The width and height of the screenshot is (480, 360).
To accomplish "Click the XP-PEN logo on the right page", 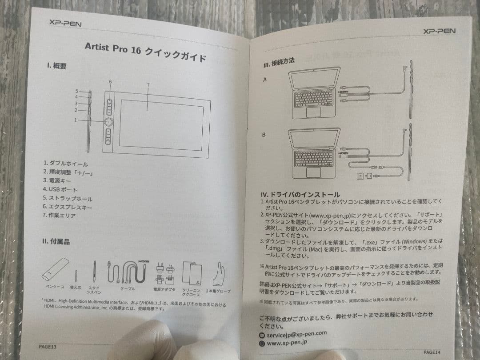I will coord(439,31).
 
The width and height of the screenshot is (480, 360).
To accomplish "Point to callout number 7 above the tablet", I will coord(148,84).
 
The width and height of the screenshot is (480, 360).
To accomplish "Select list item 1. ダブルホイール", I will coord(66,164).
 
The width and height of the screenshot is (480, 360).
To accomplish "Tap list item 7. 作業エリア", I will coord(59,215).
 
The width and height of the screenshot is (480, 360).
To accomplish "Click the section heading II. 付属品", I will coord(56,241).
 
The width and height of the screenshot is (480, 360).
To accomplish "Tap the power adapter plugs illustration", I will coord(163,273).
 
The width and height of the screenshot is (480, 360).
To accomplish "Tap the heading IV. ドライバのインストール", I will coord(300,195).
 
